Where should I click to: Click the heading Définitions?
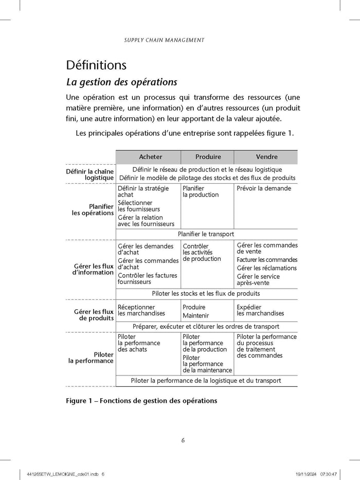tap(96, 65)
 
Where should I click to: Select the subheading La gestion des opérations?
tap(122, 82)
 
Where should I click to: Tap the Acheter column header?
tap(150, 157)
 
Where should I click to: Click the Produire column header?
tap(208, 157)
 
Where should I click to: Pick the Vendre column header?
tap(266, 157)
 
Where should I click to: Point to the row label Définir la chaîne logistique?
tap(89, 174)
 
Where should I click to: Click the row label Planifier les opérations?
tap(93, 209)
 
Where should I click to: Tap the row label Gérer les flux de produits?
tap(93, 315)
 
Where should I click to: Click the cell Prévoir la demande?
tap(264, 188)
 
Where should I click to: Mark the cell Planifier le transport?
tap(206, 234)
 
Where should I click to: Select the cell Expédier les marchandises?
tap(260, 310)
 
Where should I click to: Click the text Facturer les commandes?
tap(267, 260)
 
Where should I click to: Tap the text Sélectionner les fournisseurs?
tap(139, 206)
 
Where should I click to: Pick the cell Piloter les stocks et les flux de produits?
tap(206, 293)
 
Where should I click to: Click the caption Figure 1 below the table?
tap(141, 401)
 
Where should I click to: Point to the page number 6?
tap(183, 440)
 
